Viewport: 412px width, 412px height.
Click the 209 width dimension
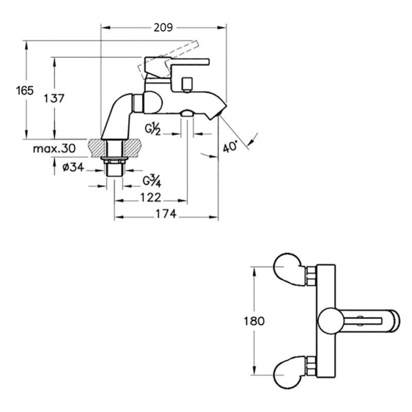click(x=163, y=27)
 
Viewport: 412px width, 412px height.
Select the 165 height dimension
click(x=24, y=90)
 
